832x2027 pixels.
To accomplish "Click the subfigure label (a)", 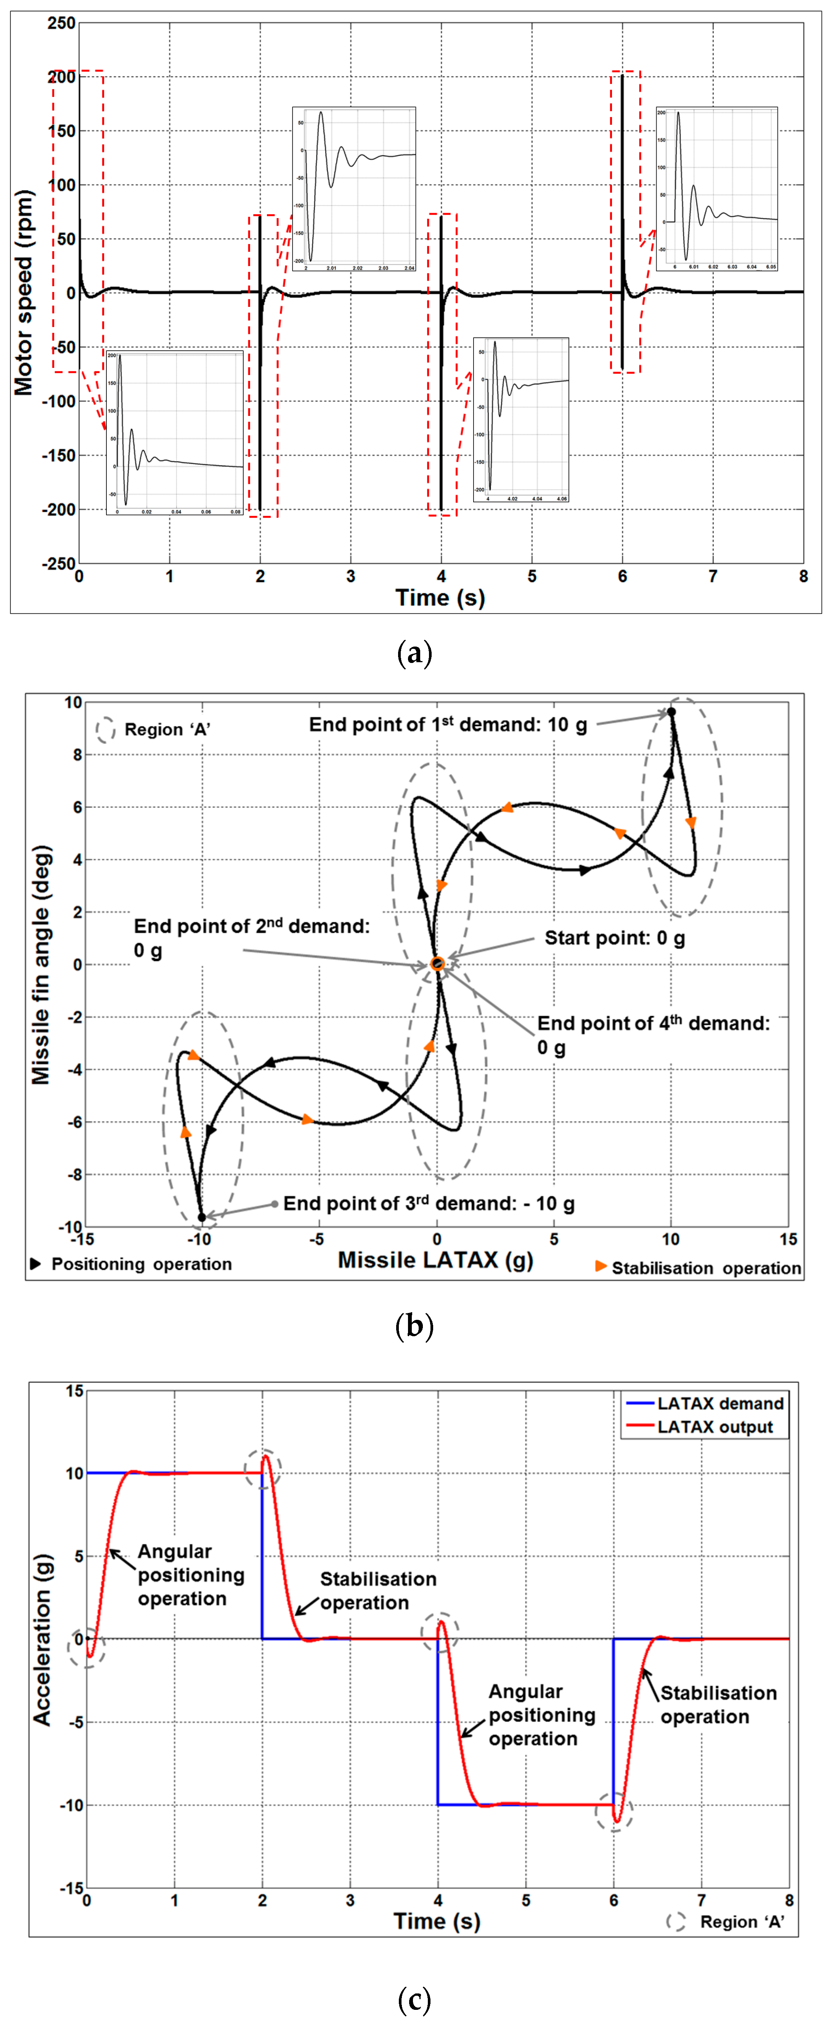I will point(415,653).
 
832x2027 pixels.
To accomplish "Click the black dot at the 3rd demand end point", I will point(201,1217).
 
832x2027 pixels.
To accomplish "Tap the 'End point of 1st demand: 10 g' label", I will point(447,725).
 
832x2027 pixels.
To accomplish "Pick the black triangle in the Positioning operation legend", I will point(35,1264).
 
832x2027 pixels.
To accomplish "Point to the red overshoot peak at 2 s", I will point(266,1457).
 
